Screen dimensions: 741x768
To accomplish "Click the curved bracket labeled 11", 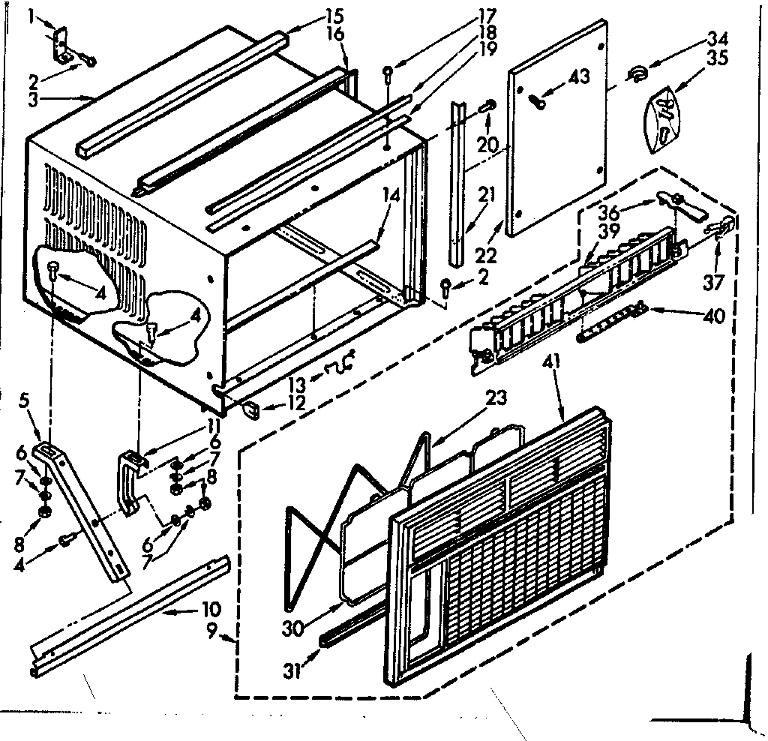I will (130, 480).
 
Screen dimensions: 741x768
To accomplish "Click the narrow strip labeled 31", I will (352, 622).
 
